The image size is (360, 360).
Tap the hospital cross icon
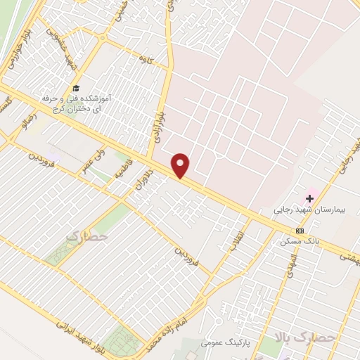click(x=309, y=199)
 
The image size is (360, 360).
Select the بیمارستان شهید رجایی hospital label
click(x=305, y=210)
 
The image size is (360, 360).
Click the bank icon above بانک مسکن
click(x=300, y=231)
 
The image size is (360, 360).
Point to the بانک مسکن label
click(x=296, y=241)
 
